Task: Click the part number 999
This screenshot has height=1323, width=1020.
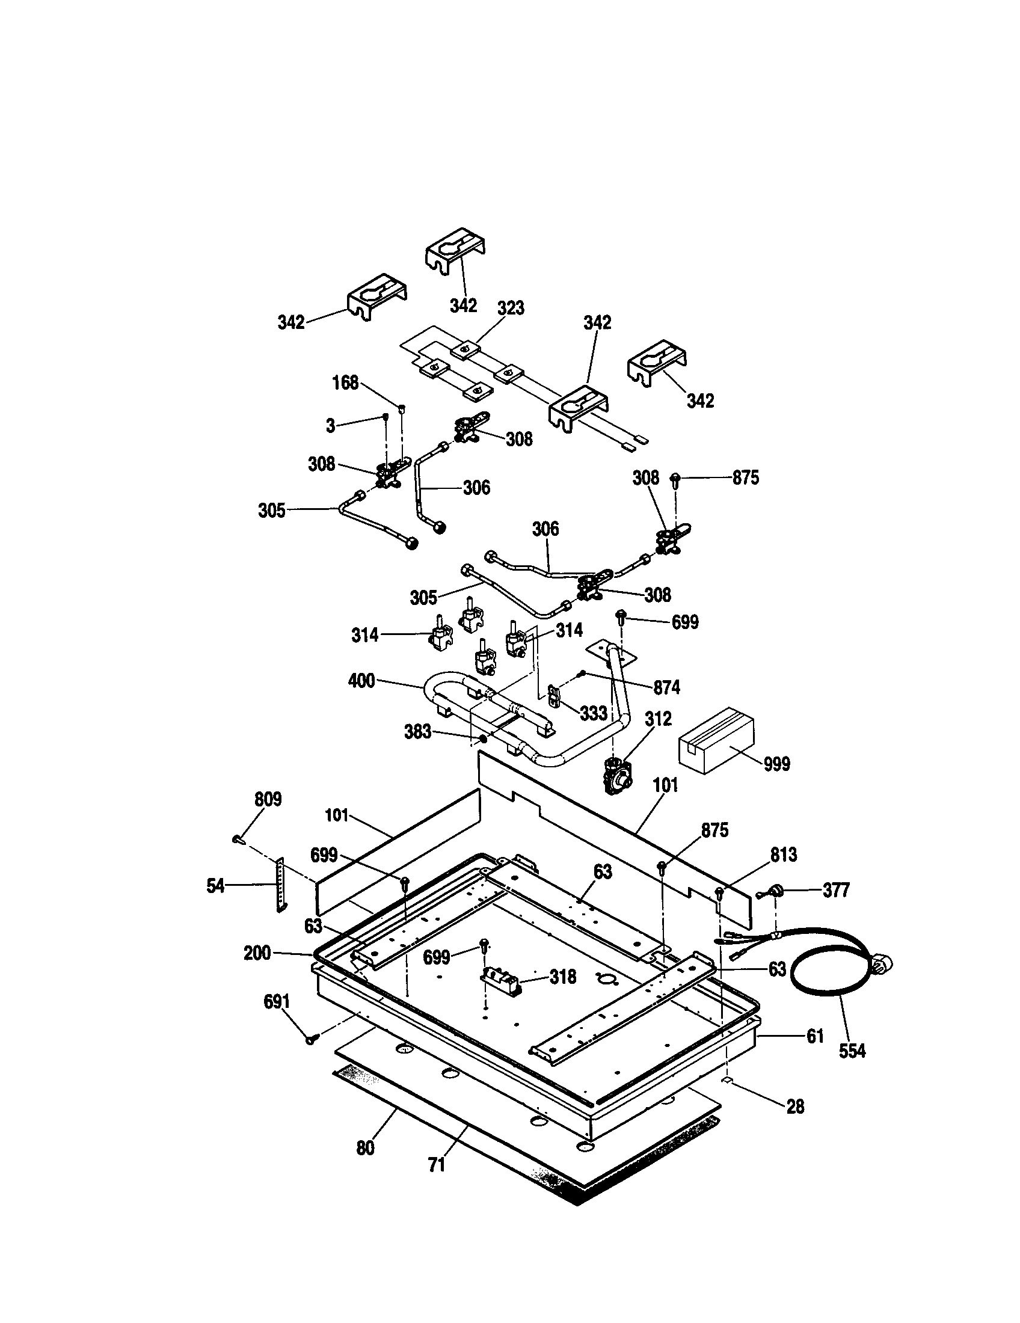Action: tap(776, 764)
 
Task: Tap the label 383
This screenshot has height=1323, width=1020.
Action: tap(417, 732)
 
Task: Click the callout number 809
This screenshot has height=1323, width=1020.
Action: tap(268, 800)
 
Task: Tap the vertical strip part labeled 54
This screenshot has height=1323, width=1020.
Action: tap(280, 885)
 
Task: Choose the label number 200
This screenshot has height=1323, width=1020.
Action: tap(257, 953)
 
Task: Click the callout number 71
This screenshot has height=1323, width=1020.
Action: tap(437, 1165)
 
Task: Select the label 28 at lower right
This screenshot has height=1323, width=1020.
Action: tap(794, 1107)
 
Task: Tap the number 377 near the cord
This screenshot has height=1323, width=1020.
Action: tap(836, 890)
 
